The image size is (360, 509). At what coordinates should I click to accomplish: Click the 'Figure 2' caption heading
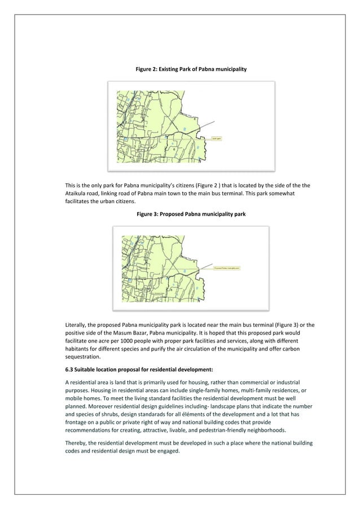[191, 68]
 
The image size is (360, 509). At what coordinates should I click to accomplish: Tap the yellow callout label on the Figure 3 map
[227, 268]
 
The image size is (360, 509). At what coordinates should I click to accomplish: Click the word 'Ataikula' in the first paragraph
[77, 194]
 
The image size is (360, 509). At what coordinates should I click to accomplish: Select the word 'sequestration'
[84, 357]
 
